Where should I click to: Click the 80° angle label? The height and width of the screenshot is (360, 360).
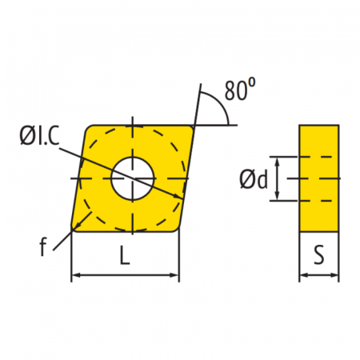click(240, 90)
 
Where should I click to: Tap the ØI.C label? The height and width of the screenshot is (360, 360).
click(39, 136)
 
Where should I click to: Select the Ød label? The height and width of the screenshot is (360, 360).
click(254, 179)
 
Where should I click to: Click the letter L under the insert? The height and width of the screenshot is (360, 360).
click(125, 255)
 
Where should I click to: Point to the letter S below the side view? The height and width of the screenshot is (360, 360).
click(319, 254)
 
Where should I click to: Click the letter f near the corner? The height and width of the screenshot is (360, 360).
click(43, 247)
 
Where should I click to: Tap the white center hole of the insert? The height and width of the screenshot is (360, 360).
click(133, 178)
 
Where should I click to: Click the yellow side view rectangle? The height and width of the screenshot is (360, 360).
click(319, 178)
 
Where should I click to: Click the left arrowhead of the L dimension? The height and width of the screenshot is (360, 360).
click(76, 275)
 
